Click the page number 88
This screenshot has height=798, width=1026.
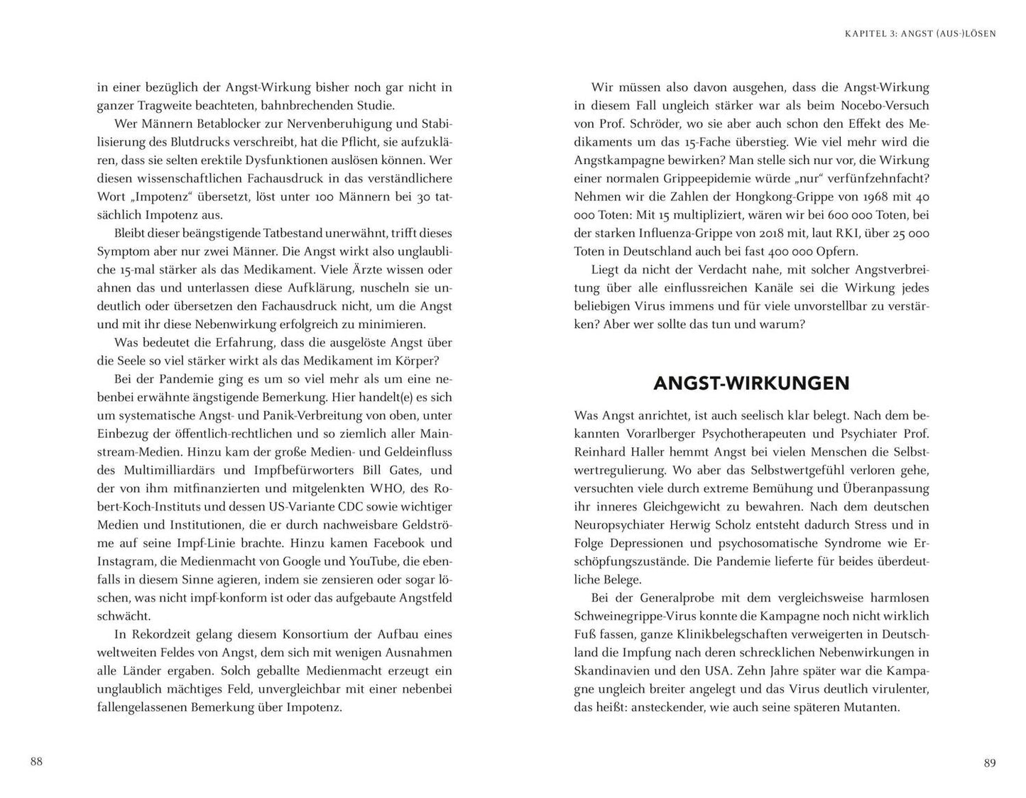(x=37, y=762)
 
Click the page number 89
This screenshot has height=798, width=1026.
(x=990, y=763)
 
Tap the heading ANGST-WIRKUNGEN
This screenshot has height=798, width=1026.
(x=751, y=383)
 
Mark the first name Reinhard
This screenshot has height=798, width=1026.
(x=604, y=452)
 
